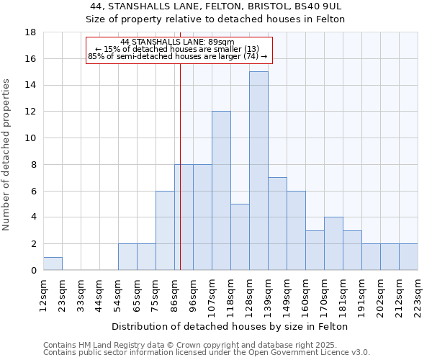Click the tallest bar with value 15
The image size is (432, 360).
coord(258,171)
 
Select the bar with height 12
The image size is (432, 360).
coord(221,191)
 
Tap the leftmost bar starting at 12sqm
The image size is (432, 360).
coord(53,264)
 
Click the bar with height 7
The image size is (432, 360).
coord(277,224)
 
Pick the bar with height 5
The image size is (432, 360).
coord(240,237)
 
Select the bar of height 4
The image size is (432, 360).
coord(333,243)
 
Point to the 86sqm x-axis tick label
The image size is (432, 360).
coord(175,295)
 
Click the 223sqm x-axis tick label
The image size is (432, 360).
coord(418,295)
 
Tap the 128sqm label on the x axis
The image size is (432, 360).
coord(250,295)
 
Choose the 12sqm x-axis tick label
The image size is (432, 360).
coord(44,295)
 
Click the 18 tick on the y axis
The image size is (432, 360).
coord(30,32)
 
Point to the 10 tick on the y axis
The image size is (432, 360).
coord(30,138)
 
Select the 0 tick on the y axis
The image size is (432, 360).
coord(33,270)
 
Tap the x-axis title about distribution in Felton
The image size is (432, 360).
coord(230,326)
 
